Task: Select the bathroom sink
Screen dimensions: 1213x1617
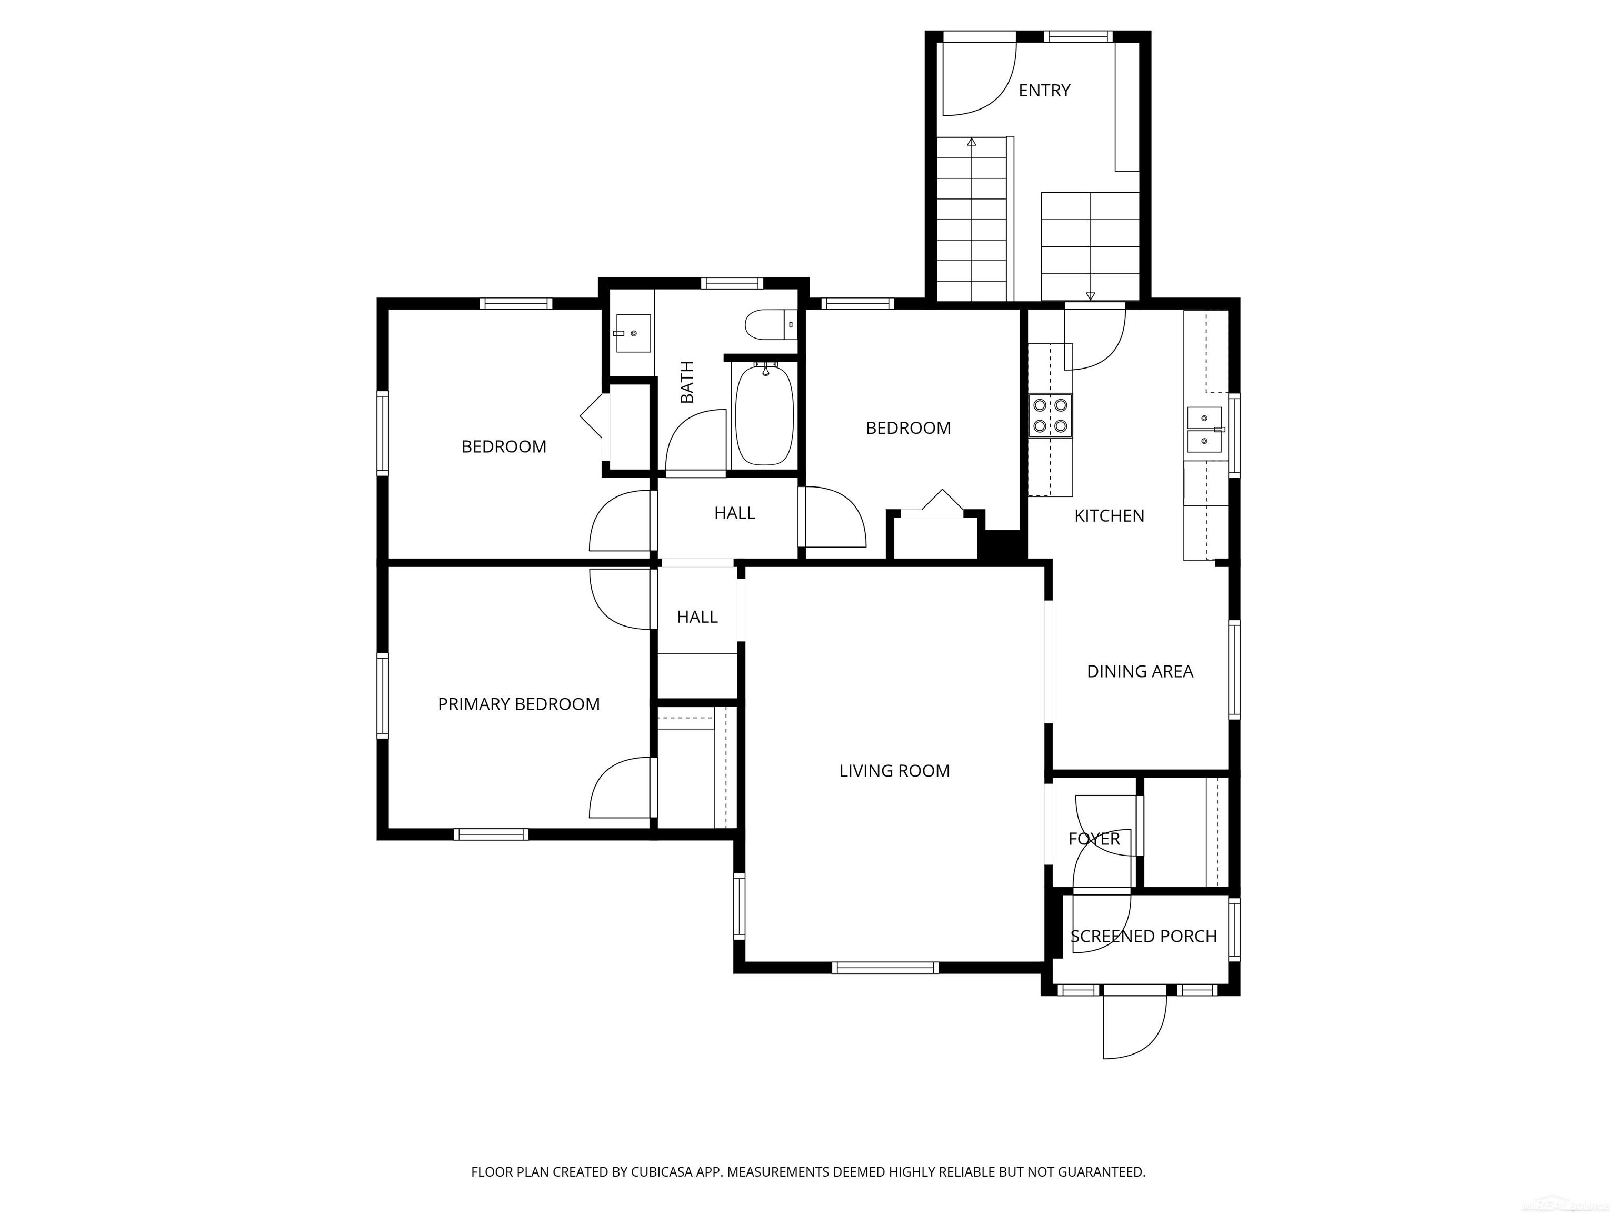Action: coord(632,333)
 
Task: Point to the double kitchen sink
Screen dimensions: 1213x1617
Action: coord(1204,430)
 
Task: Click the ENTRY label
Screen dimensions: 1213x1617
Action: coord(1044,91)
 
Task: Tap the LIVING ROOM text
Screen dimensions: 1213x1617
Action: coord(894,771)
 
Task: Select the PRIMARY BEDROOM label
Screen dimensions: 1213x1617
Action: coord(518,704)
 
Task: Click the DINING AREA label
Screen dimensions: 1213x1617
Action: coord(1140,671)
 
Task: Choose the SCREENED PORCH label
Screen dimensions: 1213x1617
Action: coord(1143,937)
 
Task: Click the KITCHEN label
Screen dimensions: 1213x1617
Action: coord(1109,516)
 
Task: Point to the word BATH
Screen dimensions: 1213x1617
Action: coord(687,382)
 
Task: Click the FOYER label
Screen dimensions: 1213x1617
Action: coord(1094,839)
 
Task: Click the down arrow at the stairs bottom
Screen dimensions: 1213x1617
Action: coord(1091,295)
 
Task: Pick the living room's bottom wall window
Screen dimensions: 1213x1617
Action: coord(884,967)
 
